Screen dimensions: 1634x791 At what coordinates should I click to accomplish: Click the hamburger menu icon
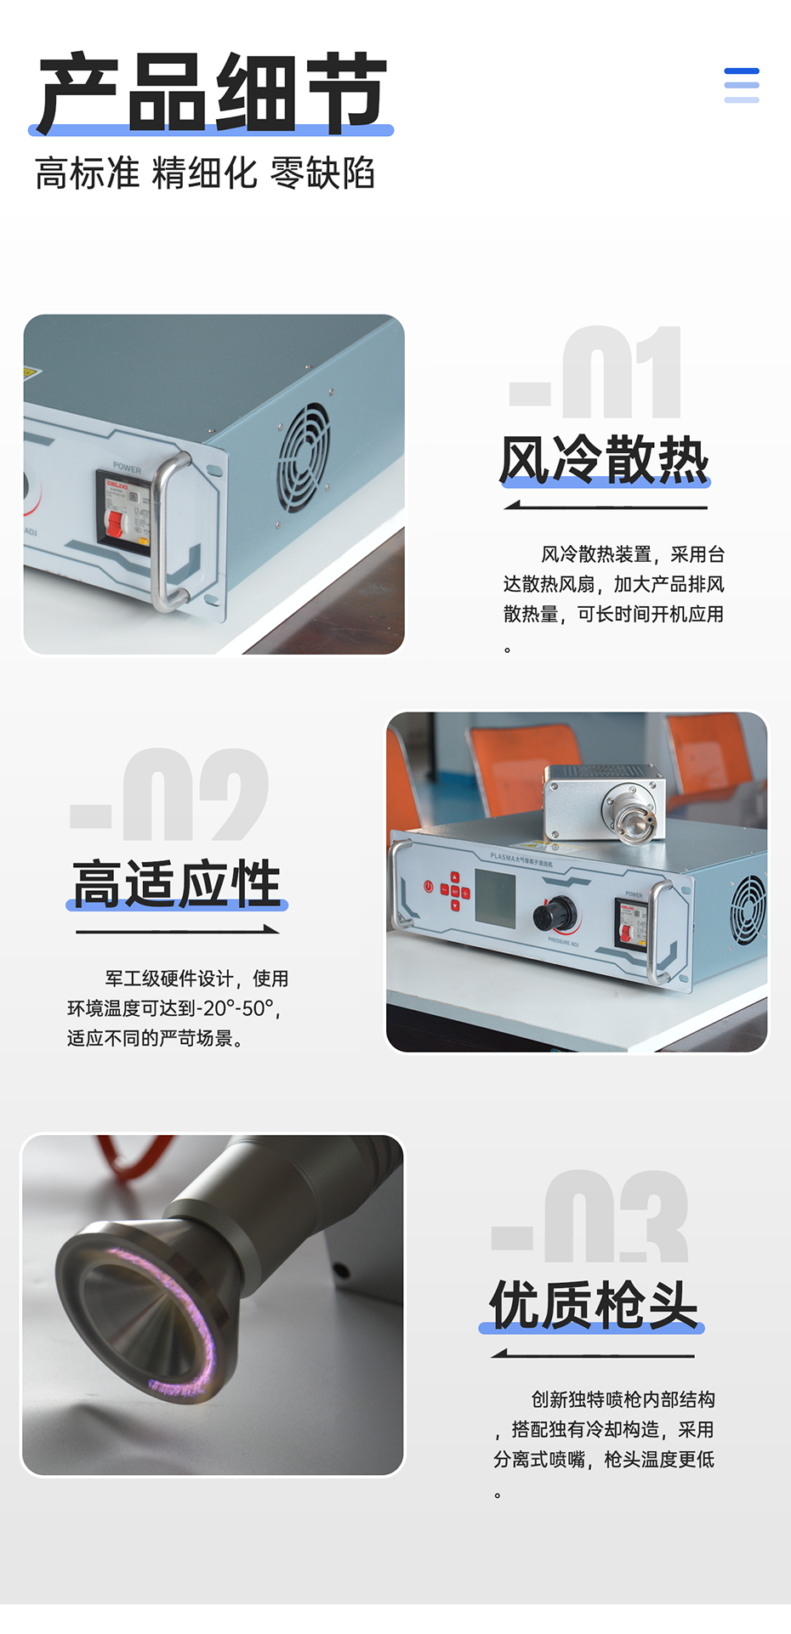[x=741, y=85]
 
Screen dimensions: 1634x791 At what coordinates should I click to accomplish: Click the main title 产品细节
[x=212, y=92]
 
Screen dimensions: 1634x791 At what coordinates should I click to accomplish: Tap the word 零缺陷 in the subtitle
[x=322, y=173]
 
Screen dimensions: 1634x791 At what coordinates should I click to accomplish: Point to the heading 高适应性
[x=177, y=884]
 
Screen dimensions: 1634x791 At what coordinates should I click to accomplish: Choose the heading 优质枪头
[x=593, y=1305]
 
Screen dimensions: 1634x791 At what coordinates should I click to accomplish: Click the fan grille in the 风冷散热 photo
[x=304, y=457]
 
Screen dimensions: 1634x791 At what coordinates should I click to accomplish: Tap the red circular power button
[x=429, y=887]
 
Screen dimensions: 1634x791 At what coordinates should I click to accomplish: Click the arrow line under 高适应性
[x=177, y=931]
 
